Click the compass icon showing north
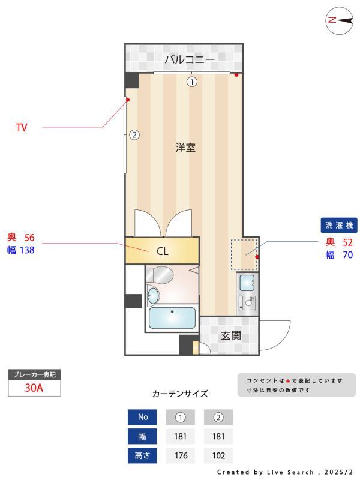(339, 20)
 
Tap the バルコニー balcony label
(190, 59)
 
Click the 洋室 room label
(185, 148)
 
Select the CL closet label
(162, 251)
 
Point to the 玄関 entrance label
(230, 335)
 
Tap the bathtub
(172, 318)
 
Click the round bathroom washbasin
(154, 296)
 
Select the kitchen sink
(246, 282)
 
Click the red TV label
(22, 127)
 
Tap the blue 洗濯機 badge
(339, 226)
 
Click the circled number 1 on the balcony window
(191, 82)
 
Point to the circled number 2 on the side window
(134, 135)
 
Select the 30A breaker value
(34, 388)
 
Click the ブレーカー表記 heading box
(34, 374)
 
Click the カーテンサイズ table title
(180, 394)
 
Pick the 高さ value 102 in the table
(218, 455)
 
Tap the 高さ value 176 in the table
(181, 455)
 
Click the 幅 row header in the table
(142, 436)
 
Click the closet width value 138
(27, 250)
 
